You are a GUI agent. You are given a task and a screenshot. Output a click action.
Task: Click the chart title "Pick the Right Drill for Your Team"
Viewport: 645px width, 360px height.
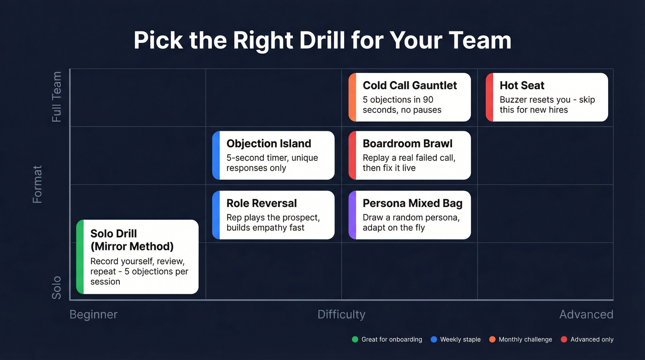coord(322,41)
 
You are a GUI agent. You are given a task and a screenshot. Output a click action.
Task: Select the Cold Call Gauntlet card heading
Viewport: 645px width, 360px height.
coord(410,85)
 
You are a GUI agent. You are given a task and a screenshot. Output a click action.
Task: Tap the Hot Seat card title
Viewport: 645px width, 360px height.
coord(522,85)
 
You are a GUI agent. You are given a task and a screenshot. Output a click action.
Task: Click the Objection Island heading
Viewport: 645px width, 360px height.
coord(269,143)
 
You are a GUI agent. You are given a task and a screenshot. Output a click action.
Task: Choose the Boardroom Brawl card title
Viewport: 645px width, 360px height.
coord(407,143)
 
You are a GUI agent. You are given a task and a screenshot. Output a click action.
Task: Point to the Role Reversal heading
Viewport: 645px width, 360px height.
coord(261,203)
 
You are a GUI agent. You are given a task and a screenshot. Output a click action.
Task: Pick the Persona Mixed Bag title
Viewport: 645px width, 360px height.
coord(412,203)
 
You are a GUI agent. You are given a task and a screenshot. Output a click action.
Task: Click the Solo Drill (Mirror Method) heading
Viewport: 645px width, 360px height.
coord(131,240)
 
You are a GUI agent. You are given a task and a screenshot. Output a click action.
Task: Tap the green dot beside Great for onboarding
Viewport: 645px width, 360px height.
coord(355,339)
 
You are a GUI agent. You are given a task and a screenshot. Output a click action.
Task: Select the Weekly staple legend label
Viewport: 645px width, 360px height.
coord(460,339)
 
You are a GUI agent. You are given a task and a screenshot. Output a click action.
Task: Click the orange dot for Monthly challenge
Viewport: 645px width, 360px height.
coord(492,339)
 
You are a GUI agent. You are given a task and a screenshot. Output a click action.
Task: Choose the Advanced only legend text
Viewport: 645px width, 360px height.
coord(592,339)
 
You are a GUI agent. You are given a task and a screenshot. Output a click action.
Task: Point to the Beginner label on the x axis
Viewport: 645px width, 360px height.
coord(94,314)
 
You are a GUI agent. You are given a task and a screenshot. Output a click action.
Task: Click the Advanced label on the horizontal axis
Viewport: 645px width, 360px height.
coord(586,314)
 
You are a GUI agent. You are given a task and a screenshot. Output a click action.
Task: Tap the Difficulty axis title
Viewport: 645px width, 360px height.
coord(341,314)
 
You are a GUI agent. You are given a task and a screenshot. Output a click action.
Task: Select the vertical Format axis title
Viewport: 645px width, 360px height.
coord(37,184)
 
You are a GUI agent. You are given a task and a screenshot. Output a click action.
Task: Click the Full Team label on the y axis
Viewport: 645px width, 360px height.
coord(56,97)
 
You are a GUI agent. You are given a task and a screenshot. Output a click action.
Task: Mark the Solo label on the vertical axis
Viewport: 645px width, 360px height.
coord(56,288)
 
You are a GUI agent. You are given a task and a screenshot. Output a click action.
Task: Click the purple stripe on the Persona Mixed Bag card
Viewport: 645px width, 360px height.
coord(352,215)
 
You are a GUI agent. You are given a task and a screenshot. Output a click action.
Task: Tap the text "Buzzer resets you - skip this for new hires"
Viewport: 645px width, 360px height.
coord(547,105)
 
